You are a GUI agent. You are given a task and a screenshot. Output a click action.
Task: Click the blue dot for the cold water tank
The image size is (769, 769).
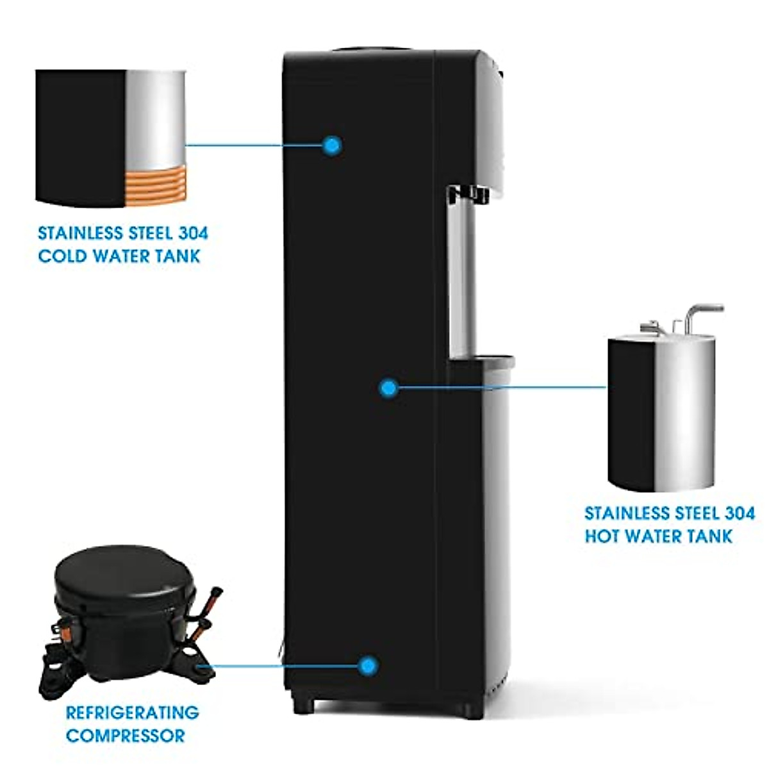pos(331,145)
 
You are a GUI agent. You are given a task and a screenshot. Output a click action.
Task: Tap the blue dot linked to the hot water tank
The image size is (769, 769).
pos(388,387)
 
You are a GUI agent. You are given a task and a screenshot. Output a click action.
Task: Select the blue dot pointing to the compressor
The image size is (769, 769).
pos(367,665)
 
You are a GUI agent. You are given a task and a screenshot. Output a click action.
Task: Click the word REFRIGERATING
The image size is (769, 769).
pos(132,712)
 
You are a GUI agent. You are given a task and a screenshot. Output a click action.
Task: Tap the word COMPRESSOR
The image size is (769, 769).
pos(125,736)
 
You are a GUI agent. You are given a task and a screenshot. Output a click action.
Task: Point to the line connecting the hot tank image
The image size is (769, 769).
pos(500,387)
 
